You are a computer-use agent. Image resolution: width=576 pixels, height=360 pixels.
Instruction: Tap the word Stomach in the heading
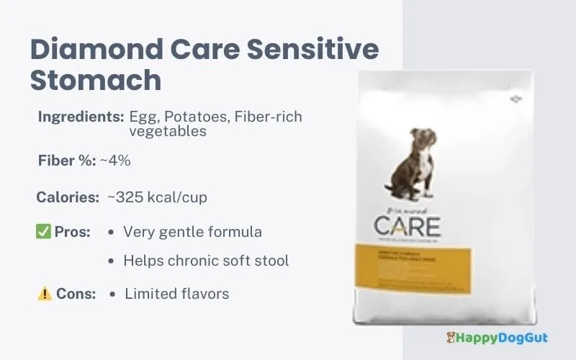96,79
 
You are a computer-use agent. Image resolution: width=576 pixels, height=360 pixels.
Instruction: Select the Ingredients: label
80,116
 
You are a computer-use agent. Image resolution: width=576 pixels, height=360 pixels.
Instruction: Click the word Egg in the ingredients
142,116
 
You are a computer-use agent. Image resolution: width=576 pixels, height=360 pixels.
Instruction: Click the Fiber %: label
66,160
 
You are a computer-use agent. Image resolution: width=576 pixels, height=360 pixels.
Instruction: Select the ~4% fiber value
115,160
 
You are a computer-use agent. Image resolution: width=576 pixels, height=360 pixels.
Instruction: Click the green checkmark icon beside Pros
42,232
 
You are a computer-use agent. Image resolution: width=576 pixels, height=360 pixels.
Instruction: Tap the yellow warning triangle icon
45,294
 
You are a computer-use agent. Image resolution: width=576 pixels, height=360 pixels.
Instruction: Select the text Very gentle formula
192,232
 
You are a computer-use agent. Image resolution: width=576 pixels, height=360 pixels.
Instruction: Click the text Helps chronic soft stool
206,261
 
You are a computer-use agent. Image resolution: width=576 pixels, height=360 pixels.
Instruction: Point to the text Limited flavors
177,294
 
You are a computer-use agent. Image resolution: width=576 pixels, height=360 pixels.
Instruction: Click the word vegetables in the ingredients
168,131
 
